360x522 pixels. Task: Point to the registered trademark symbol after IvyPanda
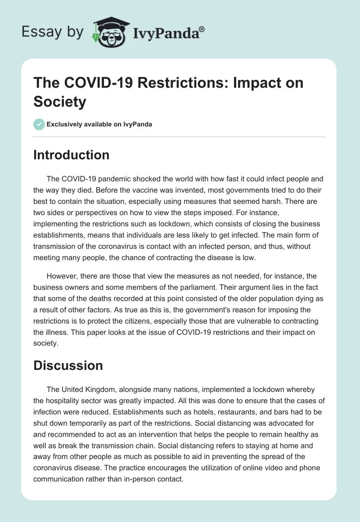tap(202, 29)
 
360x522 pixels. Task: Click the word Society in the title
tap(60, 102)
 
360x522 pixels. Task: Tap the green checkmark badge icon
tap(39, 124)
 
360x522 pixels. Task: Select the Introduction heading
tap(72, 155)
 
